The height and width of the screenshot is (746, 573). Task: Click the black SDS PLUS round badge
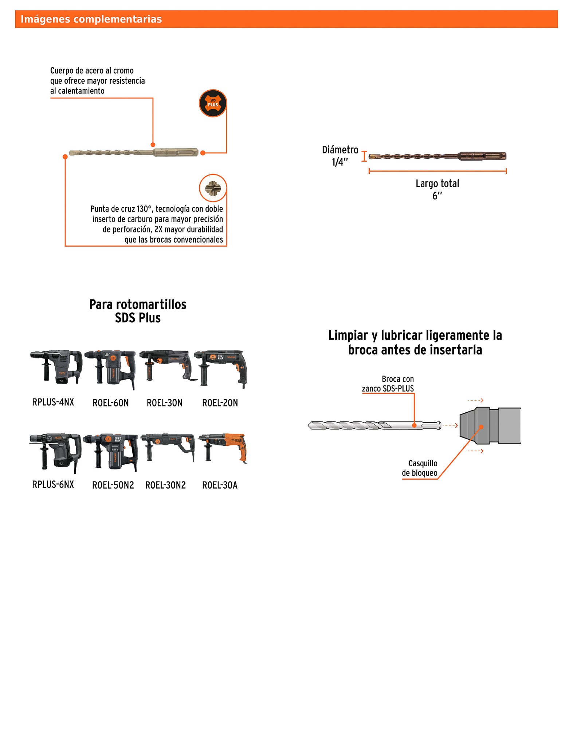click(213, 103)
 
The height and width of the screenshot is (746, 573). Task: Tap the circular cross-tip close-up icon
click(213, 188)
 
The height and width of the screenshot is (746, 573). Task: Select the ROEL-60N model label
click(111, 403)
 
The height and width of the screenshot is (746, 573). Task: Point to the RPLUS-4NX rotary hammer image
click(56, 367)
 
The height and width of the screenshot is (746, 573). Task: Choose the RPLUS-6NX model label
click(53, 484)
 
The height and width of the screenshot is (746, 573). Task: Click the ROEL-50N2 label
click(113, 485)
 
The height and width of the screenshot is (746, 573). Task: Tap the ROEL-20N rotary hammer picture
click(221, 368)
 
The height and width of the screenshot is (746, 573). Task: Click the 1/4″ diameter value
click(340, 162)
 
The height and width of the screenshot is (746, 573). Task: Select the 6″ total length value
click(437, 196)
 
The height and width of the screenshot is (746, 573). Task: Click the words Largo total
click(437, 184)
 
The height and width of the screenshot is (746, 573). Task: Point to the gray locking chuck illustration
click(490, 425)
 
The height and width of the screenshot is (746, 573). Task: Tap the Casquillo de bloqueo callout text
click(420, 468)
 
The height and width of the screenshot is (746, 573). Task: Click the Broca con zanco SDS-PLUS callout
click(388, 384)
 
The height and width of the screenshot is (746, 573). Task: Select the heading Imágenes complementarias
click(91, 19)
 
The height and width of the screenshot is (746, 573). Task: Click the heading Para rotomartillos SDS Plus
click(138, 311)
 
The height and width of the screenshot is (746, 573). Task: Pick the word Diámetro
click(340, 150)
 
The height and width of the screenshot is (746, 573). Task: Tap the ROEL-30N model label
click(165, 403)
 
